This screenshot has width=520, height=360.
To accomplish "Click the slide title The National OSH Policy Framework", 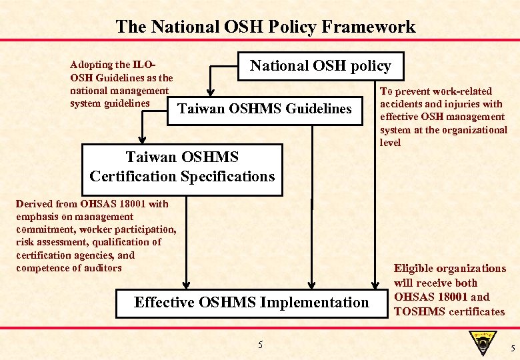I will click(265, 27).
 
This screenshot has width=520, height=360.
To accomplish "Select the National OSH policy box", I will click(321, 66).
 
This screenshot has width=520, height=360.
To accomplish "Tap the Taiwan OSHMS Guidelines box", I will click(264, 109).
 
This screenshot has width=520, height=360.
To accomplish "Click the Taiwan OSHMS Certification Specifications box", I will click(182, 167).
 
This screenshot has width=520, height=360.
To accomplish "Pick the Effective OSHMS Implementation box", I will click(251, 303).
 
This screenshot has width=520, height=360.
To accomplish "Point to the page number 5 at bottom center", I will click(261, 345).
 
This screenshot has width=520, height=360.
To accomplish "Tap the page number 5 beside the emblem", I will click(511, 349).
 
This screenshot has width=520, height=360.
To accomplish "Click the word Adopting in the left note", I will click(91, 65).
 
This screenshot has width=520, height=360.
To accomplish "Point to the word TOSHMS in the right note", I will click(417, 311).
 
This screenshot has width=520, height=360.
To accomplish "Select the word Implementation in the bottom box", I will click(314, 303).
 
